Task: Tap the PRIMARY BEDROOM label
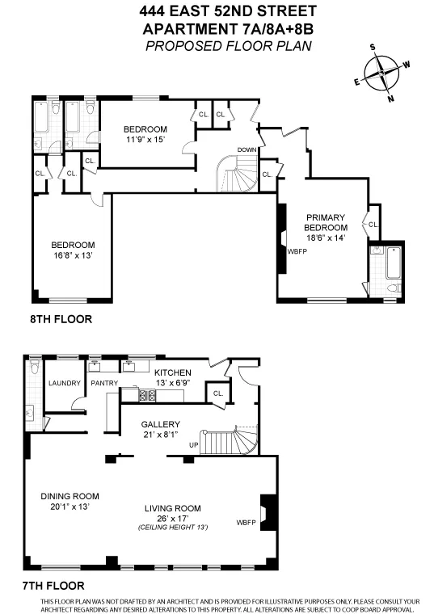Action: (326, 222)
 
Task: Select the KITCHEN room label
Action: (173, 372)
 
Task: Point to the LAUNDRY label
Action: (62, 383)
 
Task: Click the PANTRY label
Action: (105, 383)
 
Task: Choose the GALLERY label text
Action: (160, 424)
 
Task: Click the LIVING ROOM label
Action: (173, 508)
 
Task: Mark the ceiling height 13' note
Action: (173, 527)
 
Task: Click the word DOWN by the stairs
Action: (247, 150)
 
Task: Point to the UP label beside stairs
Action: (193, 445)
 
